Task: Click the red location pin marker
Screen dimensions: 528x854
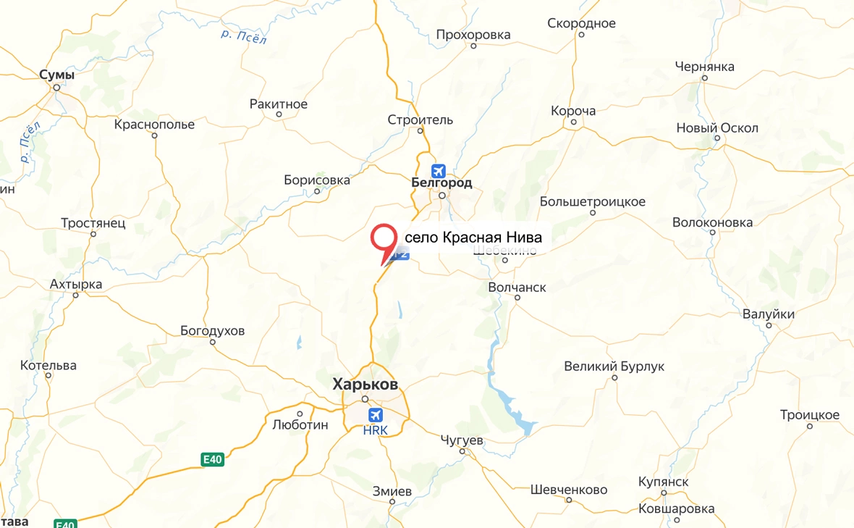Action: pos(384,240)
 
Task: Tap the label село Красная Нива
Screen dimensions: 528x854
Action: pos(473,238)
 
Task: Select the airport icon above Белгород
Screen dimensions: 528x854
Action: pos(438,171)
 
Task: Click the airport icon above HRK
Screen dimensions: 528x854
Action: pos(375,415)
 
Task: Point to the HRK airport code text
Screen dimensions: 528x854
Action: pos(375,430)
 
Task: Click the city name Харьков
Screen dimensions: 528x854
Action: pos(365,385)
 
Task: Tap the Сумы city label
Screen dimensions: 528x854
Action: pos(57,75)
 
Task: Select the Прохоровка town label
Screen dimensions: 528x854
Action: pos(473,35)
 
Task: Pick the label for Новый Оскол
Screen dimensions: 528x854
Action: pos(717,128)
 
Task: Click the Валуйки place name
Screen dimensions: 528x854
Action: pos(769,314)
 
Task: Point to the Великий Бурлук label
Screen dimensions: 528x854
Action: pos(614,366)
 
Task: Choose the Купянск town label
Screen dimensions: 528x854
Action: pos(664,482)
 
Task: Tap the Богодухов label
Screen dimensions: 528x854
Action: pos(213,331)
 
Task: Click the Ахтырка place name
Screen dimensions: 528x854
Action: pos(76,285)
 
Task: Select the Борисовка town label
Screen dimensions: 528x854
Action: pos(317,180)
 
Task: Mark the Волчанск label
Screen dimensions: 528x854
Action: pos(517,288)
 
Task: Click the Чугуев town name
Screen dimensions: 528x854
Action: pos(462,440)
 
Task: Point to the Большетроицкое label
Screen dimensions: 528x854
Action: pos(593,202)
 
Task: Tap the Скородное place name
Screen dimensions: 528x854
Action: pos(581,23)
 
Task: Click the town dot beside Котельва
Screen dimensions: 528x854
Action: pos(48,375)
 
